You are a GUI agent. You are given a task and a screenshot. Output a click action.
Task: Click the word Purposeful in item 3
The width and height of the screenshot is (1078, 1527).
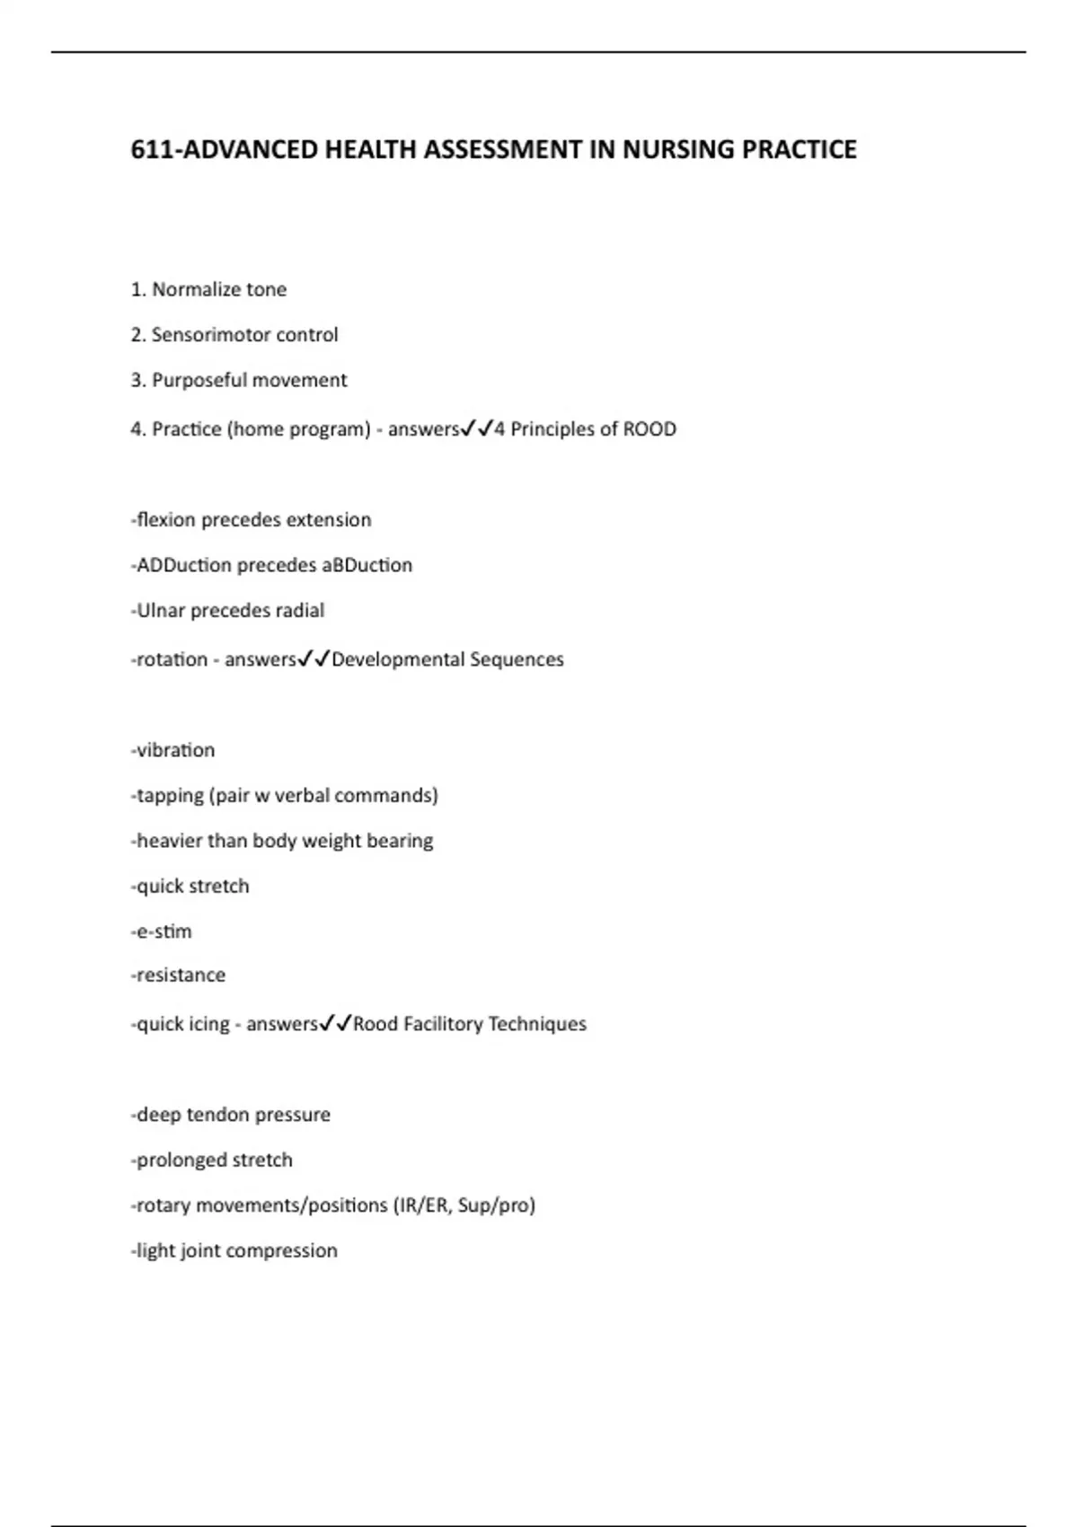point(196,380)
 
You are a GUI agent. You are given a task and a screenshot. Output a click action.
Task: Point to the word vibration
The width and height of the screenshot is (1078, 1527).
point(175,750)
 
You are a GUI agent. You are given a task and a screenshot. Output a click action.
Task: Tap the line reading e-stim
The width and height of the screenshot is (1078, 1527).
point(163,931)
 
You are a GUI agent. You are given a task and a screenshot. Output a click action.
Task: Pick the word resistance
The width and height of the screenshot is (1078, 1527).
point(181,975)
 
